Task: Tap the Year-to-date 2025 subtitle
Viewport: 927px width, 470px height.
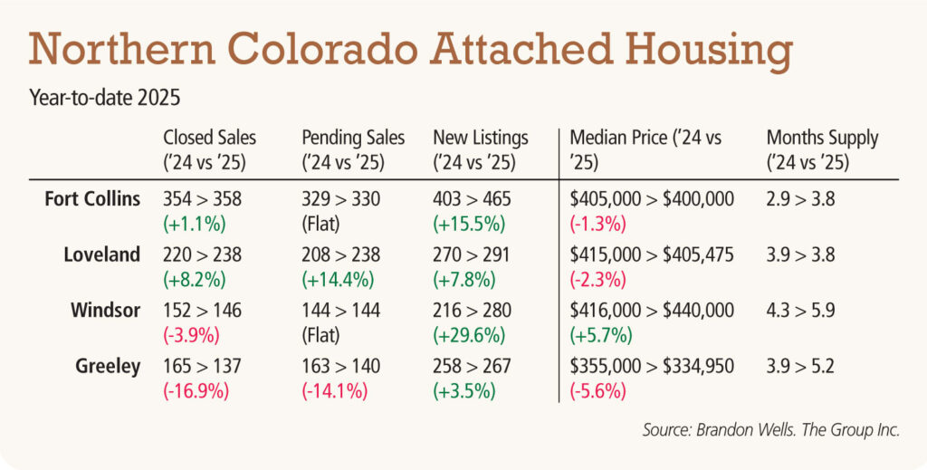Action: point(105,98)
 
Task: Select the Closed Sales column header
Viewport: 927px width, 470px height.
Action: point(209,150)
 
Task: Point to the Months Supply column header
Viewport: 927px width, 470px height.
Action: point(822,150)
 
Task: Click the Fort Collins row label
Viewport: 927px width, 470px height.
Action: point(92,198)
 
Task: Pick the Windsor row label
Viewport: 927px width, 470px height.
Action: point(105,310)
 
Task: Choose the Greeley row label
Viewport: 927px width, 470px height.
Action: point(108,367)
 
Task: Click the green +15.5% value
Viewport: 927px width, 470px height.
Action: point(469,224)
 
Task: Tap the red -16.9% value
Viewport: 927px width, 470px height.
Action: point(196,391)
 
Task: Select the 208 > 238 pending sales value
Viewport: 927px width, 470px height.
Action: point(340,254)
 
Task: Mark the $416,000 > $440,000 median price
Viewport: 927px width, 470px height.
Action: point(652,311)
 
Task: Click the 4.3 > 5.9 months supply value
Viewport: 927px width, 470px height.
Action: point(800,311)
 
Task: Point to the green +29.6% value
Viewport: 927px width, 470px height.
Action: point(469,335)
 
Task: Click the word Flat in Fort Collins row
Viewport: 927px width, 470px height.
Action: point(320,224)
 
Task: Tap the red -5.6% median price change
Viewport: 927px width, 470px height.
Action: point(597,391)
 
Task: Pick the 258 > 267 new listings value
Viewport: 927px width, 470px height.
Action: point(471,366)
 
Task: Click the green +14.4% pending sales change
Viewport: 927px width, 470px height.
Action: point(338,280)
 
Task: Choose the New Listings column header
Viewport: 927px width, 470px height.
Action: point(481,150)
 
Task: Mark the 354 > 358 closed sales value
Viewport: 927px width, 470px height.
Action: point(202,198)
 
